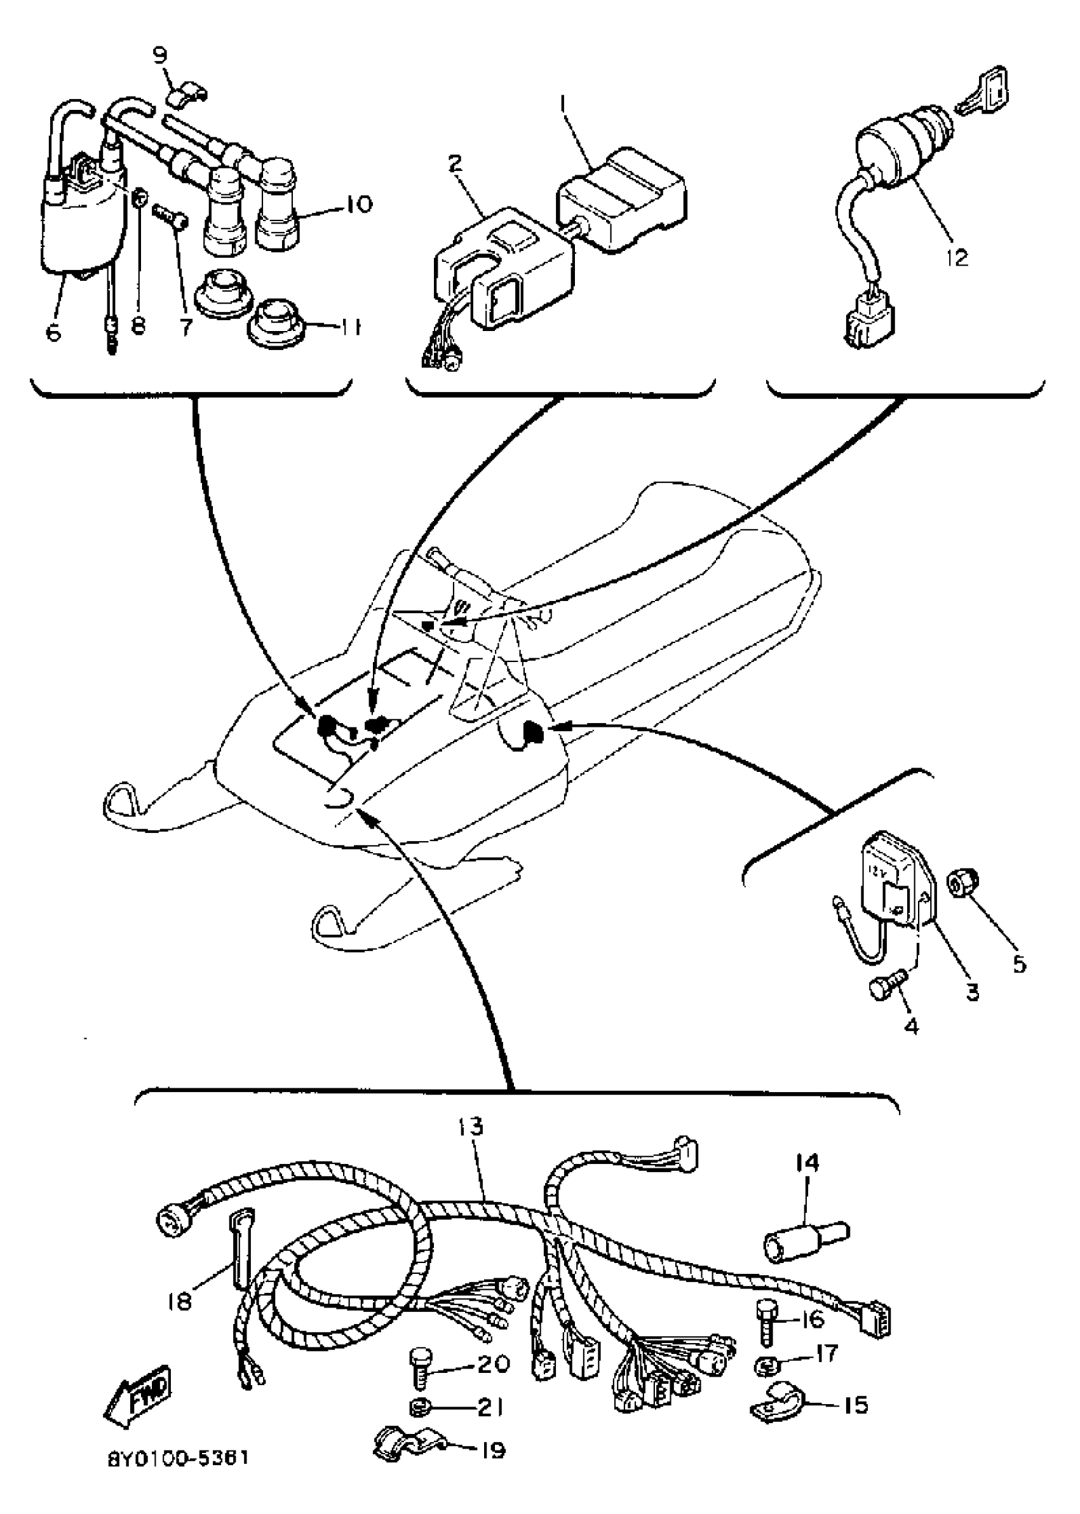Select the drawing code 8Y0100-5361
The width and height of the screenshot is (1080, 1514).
click(179, 1471)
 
